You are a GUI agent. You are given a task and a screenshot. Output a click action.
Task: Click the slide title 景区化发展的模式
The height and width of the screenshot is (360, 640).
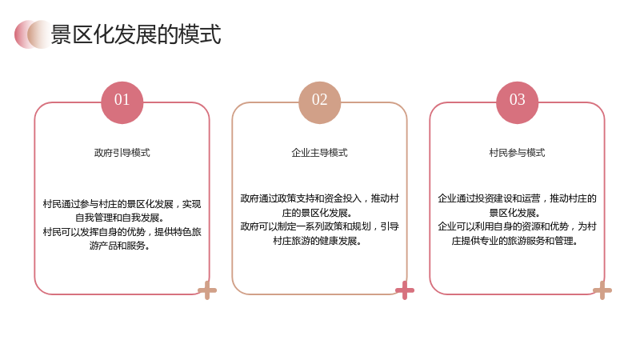(135, 34)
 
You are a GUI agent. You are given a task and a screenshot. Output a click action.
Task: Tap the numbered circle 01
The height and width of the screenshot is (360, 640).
(122, 102)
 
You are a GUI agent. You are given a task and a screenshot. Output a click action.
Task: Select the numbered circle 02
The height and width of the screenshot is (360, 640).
(319, 102)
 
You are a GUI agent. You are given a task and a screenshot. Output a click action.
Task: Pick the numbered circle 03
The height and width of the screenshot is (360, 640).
(517, 102)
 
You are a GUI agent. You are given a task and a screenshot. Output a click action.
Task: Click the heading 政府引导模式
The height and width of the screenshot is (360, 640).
(122, 153)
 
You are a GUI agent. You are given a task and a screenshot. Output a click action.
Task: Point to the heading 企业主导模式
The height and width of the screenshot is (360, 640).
(319, 153)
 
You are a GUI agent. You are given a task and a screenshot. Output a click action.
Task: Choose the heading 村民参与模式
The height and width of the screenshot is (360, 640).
(517, 153)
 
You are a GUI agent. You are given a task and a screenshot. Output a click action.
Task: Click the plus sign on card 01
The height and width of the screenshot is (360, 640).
(207, 290)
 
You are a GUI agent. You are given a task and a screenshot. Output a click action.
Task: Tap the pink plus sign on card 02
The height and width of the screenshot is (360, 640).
(405, 290)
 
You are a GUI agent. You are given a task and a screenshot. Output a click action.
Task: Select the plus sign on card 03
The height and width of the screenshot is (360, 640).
(602, 290)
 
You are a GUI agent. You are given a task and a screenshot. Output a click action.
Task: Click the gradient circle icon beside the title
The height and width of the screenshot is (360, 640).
(33, 34)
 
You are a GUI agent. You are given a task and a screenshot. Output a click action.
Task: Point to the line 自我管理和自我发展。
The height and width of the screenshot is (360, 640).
(119, 218)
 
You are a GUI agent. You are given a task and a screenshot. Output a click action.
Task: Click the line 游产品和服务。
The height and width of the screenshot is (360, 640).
(119, 246)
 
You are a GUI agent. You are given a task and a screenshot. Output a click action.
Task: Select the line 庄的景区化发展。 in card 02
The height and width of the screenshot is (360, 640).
(317, 213)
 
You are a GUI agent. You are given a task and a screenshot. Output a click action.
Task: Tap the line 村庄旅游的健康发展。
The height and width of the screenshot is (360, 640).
(317, 241)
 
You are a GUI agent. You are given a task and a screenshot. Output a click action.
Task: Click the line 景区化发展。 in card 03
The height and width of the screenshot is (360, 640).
(514, 213)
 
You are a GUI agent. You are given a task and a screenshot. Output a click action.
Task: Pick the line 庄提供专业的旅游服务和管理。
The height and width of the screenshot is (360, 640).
(514, 241)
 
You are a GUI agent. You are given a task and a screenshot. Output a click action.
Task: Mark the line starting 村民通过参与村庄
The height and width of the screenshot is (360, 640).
(122, 204)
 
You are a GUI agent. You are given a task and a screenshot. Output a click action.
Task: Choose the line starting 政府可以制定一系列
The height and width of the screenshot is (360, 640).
(319, 226)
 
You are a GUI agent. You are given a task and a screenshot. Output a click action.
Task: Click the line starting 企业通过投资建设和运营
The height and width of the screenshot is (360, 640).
(517, 198)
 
